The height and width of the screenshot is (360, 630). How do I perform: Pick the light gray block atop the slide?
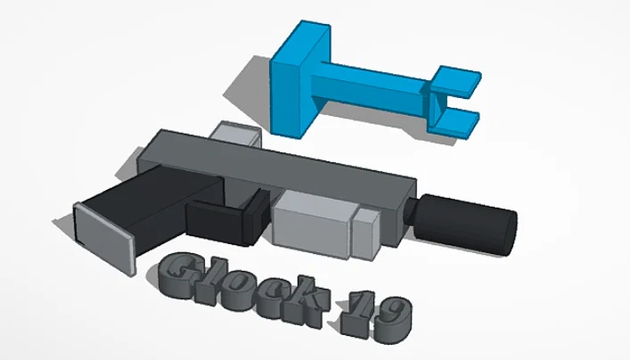237,136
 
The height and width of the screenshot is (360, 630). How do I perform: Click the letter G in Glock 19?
184,275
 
